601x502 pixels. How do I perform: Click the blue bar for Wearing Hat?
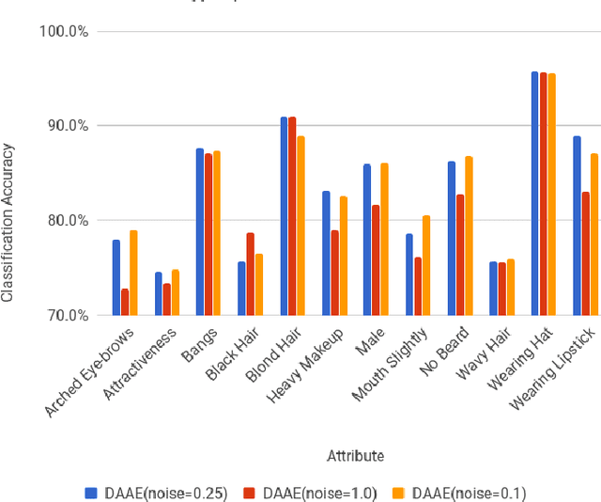[534, 193]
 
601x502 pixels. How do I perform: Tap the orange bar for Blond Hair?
[300, 226]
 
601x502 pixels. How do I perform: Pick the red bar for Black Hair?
[252, 274]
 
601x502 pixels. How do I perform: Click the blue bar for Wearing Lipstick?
[577, 226]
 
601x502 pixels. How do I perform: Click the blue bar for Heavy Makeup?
[326, 253]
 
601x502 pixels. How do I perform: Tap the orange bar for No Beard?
[469, 235]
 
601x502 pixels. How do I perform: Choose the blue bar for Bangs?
[200, 231]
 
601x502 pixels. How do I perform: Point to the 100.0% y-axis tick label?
[64, 31]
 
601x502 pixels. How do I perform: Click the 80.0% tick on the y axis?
[67, 221]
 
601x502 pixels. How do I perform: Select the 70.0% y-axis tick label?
[67, 315]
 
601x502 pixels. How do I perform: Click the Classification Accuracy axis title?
[8, 222]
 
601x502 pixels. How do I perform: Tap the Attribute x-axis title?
[354, 456]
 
